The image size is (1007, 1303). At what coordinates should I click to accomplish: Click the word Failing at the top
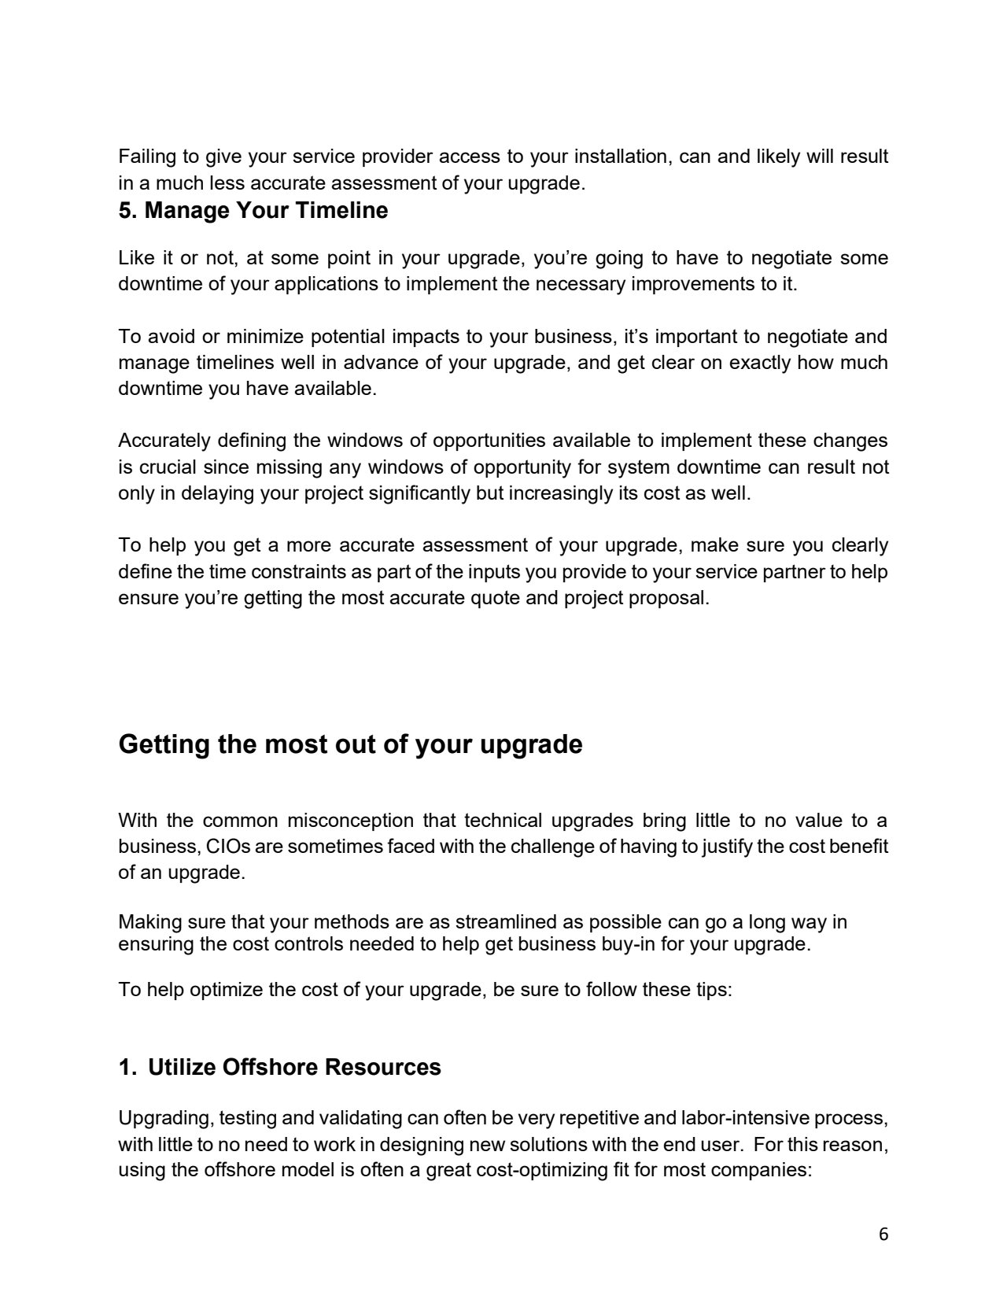pyautogui.click(x=142, y=157)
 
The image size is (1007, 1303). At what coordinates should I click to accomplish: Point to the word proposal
pyautogui.click(x=670, y=598)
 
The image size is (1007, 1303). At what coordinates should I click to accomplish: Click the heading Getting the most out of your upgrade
pyautogui.click(x=350, y=744)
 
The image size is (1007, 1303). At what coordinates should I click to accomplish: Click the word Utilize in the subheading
pyautogui.click(x=182, y=1067)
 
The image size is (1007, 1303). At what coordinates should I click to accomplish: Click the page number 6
pyautogui.click(x=883, y=1234)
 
